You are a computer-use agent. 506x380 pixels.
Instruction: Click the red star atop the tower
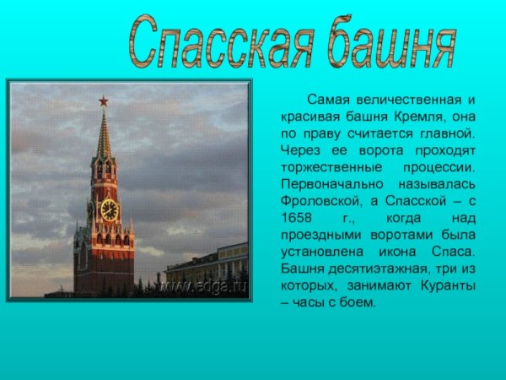[104, 101]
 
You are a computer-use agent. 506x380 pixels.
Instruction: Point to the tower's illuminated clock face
[109, 210]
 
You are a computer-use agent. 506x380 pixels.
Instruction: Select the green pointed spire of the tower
[104, 135]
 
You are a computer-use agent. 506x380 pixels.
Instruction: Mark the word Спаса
[455, 252]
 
